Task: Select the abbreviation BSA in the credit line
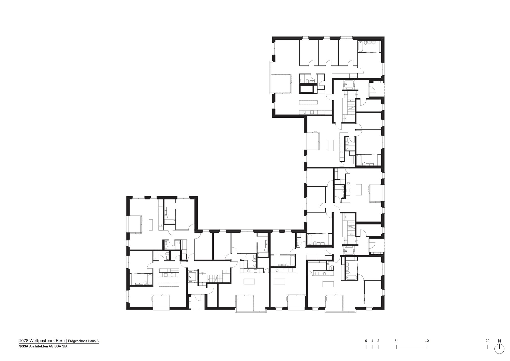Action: [60, 346]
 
